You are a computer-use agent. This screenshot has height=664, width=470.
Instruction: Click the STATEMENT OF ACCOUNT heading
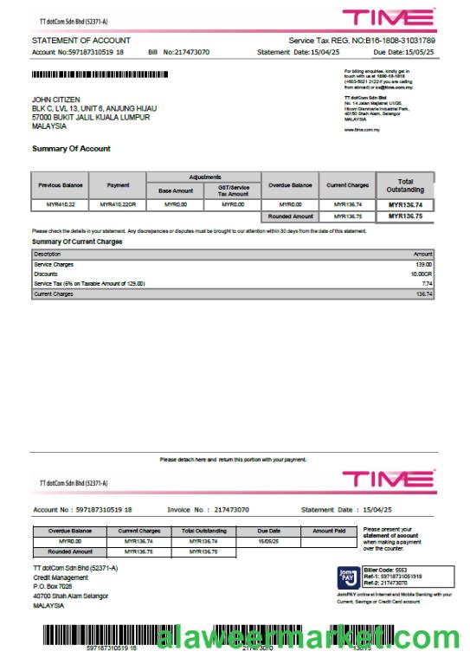(x=81, y=41)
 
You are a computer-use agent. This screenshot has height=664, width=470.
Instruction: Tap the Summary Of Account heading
(x=71, y=149)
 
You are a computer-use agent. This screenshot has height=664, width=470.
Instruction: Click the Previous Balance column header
(x=60, y=185)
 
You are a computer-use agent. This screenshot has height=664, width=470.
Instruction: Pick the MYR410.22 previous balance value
(x=60, y=205)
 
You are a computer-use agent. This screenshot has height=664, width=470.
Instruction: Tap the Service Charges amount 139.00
(x=423, y=264)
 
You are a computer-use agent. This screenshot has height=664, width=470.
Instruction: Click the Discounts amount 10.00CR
(x=421, y=274)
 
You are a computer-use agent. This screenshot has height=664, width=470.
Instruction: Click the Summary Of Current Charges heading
(x=77, y=242)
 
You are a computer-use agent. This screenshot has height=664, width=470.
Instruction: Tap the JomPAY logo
(x=349, y=577)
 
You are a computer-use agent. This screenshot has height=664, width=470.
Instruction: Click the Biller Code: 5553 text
(x=390, y=569)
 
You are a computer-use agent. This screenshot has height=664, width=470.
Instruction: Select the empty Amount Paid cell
(x=329, y=541)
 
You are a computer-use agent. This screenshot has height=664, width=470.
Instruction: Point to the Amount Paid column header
(x=329, y=531)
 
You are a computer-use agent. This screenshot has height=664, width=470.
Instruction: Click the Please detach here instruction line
(x=234, y=460)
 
